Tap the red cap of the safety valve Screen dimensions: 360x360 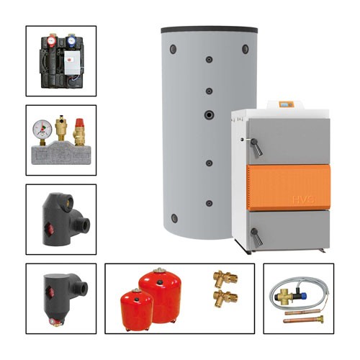[x=81, y=124]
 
